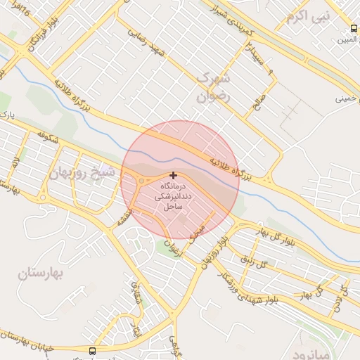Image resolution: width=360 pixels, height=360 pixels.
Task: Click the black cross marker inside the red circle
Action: (x=174, y=174)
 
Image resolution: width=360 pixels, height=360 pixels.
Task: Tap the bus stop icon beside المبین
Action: (x=354, y=29)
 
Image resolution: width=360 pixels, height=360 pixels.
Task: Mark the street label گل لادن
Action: (x=342, y=296)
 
